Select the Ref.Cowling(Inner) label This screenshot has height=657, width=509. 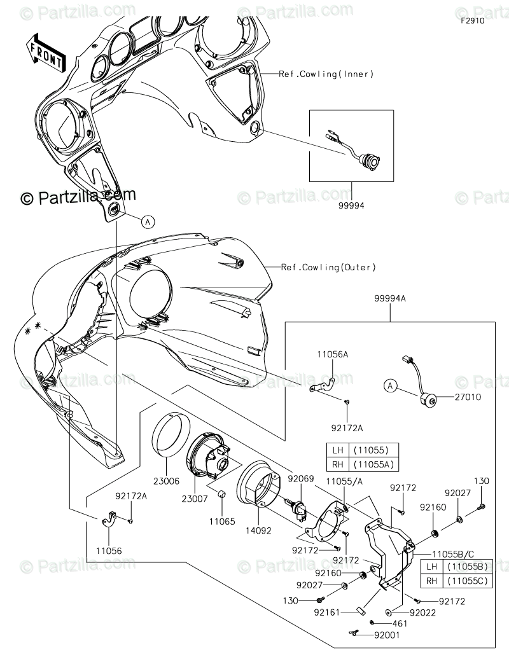click(x=326, y=74)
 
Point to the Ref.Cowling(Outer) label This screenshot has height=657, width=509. click(x=329, y=268)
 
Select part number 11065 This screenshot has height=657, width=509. click(x=223, y=521)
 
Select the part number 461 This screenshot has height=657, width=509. click(x=400, y=623)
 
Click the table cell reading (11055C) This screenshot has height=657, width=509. click(x=468, y=580)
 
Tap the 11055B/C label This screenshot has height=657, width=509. click(x=456, y=554)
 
